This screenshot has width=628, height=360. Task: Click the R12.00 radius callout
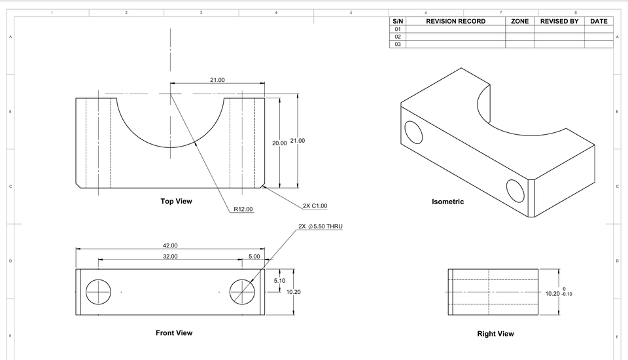point(243,209)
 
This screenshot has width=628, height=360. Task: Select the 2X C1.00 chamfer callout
point(315,206)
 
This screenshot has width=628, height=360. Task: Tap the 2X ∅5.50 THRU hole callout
point(321,226)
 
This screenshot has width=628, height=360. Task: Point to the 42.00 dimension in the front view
point(170,245)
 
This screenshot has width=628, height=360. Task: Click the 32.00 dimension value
point(170,256)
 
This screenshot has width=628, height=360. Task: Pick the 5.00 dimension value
point(254,256)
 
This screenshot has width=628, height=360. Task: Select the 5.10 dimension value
point(279,280)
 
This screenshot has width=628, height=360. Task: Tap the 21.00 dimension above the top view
point(217,80)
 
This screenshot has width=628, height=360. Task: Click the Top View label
point(177,201)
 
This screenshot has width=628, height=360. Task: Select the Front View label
point(174,333)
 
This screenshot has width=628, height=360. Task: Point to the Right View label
point(495,334)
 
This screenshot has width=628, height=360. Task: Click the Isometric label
point(447,202)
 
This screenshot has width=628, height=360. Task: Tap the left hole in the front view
point(99,291)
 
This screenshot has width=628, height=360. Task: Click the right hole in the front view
point(242,291)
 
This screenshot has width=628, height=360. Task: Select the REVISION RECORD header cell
point(455,21)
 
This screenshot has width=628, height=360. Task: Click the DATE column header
point(599,21)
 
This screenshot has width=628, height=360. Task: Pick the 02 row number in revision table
point(397,37)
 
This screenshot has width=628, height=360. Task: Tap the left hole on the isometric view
point(413,132)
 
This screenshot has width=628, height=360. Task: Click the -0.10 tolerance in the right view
point(567,294)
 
